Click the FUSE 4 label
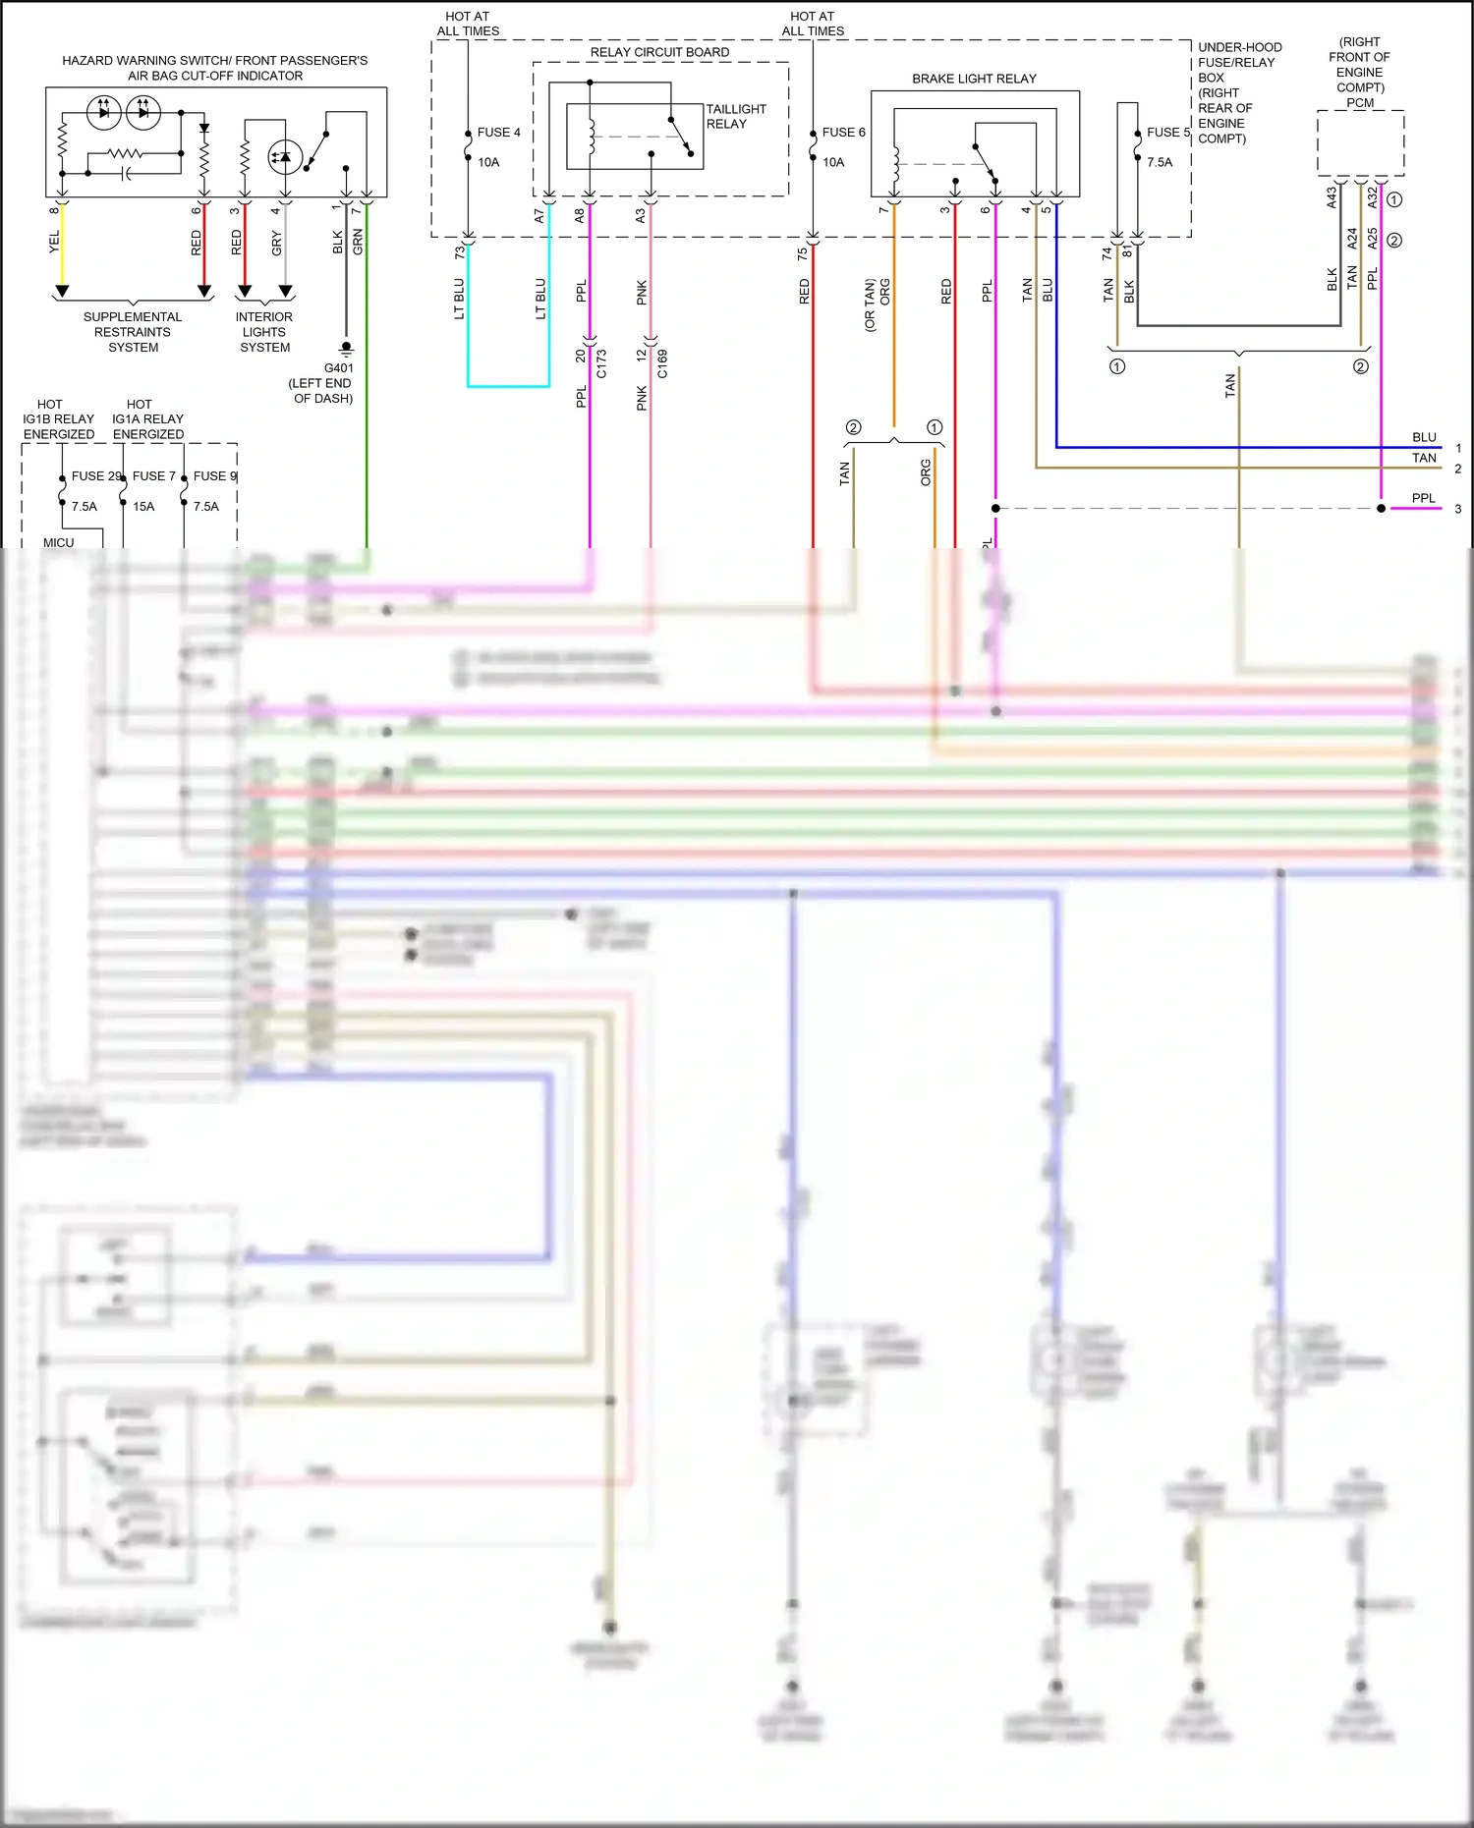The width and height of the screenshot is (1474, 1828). coord(498,133)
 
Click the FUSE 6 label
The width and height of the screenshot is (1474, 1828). coord(843,133)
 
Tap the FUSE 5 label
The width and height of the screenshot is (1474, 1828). coord(1167,133)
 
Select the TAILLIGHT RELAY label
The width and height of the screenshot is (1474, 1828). coord(735,116)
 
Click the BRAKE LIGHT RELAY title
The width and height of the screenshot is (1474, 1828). coord(974,79)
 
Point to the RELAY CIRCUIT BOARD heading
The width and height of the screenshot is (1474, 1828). coord(659,52)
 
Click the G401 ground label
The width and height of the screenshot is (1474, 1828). coord(338,368)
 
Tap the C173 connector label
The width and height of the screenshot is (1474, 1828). coord(601,363)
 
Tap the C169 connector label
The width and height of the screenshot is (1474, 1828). coord(662,363)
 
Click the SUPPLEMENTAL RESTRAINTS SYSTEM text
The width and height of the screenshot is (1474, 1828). coord(133,332)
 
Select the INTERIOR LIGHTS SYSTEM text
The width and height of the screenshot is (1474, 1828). coord(264,332)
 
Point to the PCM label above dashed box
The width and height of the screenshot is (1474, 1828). coord(1360,102)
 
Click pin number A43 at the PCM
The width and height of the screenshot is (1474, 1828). coord(1332,197)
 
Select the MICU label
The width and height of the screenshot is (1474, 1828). coord(58,542)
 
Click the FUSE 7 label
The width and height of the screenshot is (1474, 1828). coord(153,476)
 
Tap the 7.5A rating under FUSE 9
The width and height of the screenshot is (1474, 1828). coord(206,507)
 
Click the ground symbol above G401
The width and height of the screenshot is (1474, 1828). coord(346,349)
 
